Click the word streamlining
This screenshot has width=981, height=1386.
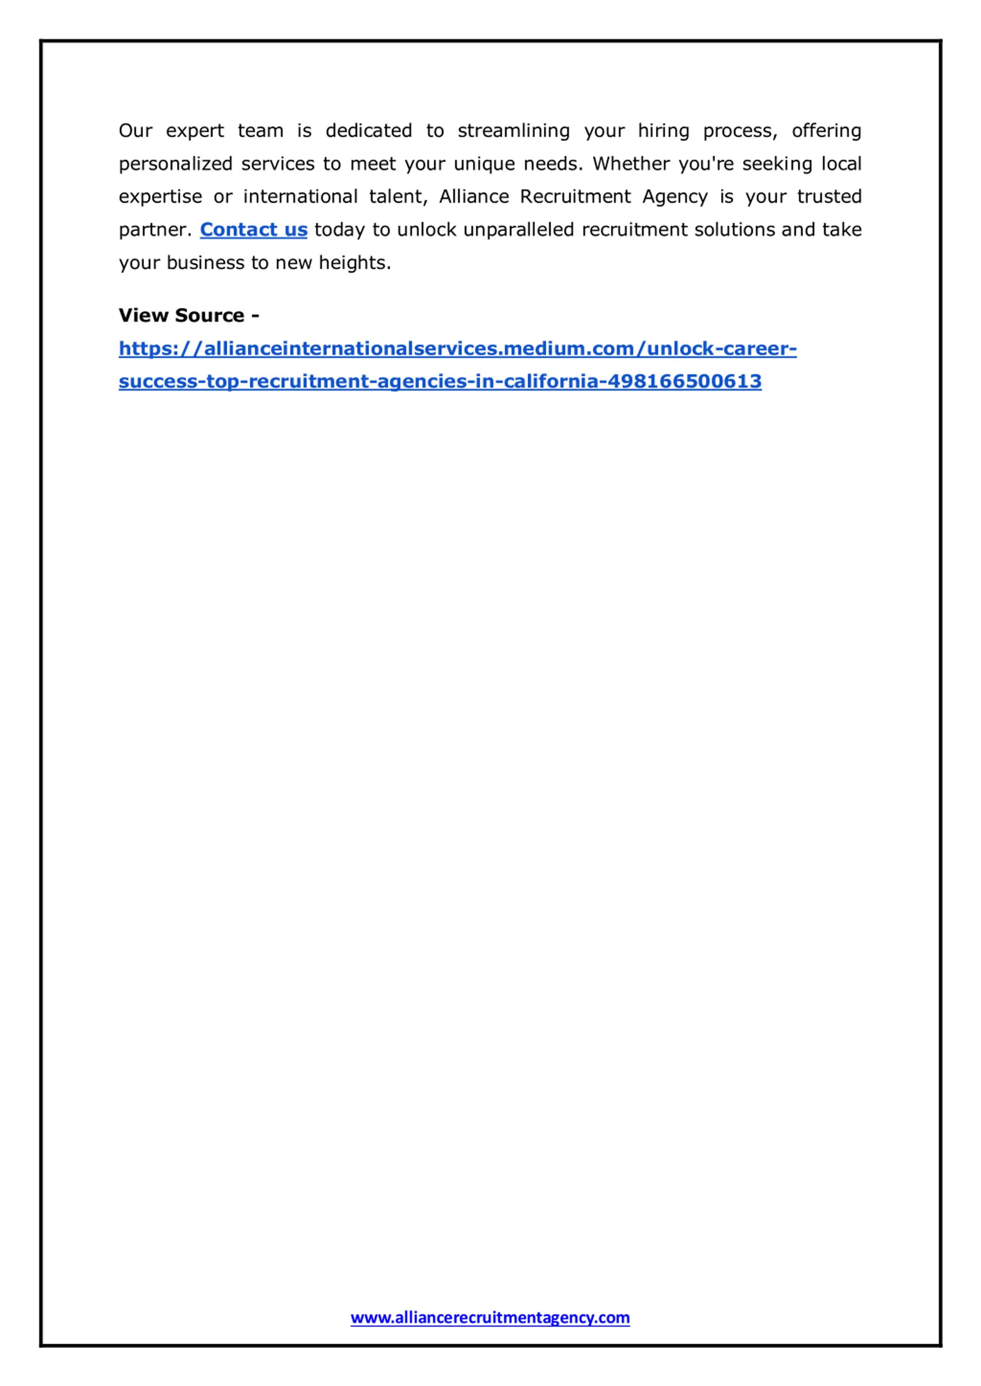[x=513, y=131]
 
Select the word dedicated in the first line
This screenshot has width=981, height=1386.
[x=369, y=131]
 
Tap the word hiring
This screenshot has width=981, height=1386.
[x=663, y=131]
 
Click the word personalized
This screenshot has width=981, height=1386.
[x=175, y=164]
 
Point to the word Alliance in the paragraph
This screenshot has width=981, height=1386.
[x=474, y=197]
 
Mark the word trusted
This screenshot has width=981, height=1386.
[x=829, y=197]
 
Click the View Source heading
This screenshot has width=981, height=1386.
[x=189, y=315]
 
